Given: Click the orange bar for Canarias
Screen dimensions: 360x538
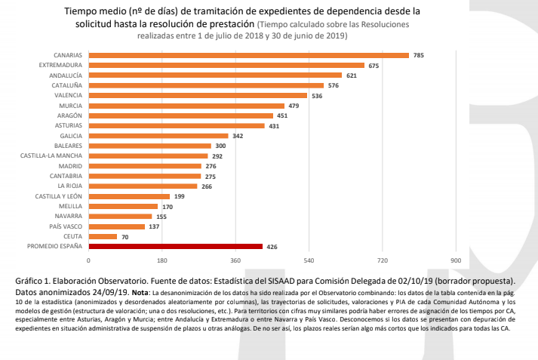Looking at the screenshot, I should click(248, 55).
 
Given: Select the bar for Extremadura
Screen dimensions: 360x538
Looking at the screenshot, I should click(226, 66).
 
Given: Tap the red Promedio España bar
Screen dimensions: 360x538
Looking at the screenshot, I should click(175, 246).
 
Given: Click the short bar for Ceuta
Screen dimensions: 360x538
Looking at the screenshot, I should click(103, 236).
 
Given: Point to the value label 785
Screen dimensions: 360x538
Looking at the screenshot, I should click(419, 55).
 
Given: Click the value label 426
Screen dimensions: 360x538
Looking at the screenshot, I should click(272, 246).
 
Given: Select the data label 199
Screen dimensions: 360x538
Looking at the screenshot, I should click(179, 196).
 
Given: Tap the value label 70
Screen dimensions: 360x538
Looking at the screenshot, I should click(126, 236).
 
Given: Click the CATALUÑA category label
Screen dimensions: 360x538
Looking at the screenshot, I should click(66, 85).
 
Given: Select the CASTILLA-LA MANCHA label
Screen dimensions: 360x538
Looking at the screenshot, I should click(51, 155).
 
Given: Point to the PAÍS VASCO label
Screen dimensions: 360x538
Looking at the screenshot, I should click(66, 226).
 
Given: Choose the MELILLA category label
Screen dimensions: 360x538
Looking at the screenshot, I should click(71, 206).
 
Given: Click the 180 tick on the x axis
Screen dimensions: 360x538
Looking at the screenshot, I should click(162, 260).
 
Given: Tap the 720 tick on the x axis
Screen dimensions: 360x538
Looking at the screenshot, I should click(382, 260).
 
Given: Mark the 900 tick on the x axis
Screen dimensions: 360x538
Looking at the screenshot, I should click(455, 260).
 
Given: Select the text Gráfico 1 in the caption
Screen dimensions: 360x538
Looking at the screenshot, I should click(35, 281).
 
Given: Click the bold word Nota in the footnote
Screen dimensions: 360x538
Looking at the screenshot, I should click(140, 291).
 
